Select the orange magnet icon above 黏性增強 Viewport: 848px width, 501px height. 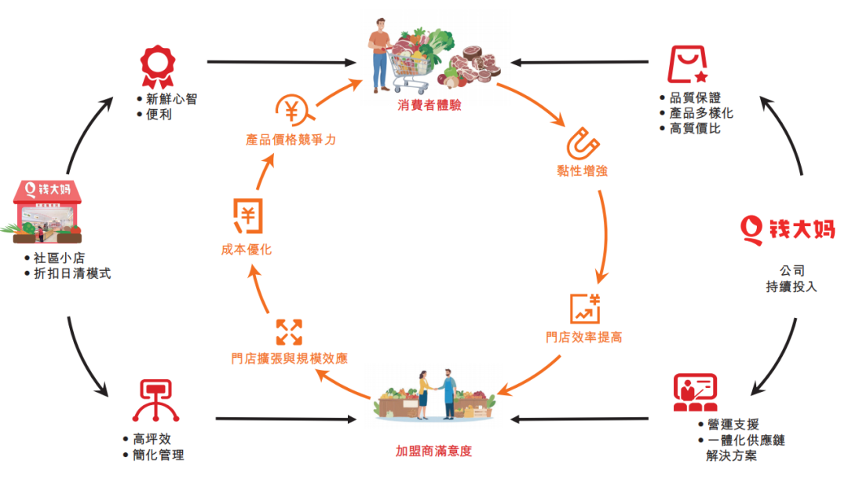[583, 144]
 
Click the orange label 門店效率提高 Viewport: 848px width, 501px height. [584, 338]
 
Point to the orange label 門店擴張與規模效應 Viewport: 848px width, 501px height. [289, 358]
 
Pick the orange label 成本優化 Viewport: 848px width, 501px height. [246, 250]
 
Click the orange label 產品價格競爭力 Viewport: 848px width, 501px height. [291, 140]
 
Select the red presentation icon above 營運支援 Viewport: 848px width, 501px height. [696, 393]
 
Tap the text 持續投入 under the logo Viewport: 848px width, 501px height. [791, 287]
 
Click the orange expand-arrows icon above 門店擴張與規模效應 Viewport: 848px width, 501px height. [289, 332]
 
